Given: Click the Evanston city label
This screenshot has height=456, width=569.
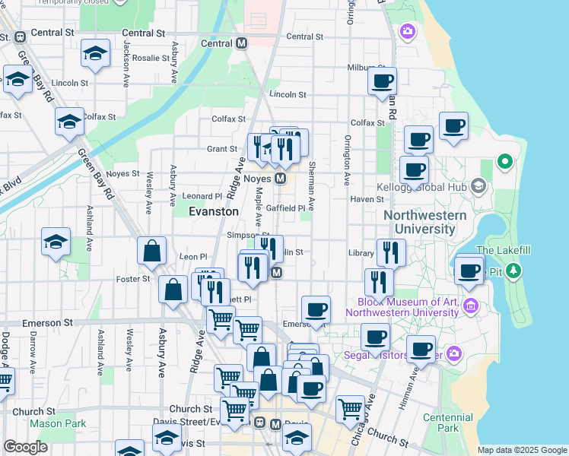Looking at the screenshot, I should (x=214, y=211).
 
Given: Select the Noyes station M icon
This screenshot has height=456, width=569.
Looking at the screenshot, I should (x=281, y=179).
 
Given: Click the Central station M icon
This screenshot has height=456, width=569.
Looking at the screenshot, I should (x=242, y=43).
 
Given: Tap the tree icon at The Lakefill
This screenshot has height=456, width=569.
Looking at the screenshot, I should (x=513, y=270).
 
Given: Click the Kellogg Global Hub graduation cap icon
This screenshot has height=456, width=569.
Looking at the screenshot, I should (x=478, y=185).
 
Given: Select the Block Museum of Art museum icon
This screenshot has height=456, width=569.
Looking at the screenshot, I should (x=470, y=306).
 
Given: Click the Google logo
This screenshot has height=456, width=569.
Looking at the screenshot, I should (x=25, y=447).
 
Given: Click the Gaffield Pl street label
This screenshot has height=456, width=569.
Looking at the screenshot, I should (x=285, y=207).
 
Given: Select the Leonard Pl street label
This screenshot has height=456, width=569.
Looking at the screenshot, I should (x=202, y=196).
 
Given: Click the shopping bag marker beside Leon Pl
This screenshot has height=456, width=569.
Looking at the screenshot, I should (x=152, y=252).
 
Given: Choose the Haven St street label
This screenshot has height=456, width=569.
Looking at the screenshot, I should (x=368, y=199).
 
